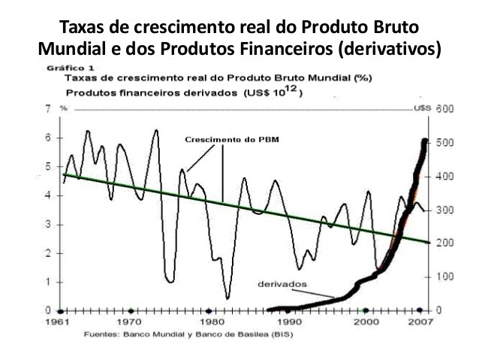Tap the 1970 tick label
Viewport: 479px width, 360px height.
click(x=131, y=322)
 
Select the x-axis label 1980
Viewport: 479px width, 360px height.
click(x=209, y=322)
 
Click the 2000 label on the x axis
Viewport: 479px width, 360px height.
click(x=366, y=322)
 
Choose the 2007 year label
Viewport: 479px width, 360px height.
click(x=419, y=322)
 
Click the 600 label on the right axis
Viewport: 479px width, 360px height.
click(x=444, y=109)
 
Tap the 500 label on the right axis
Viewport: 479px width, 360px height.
click(x=444, y=143)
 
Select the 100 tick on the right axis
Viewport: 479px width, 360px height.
click(x=444, y=277)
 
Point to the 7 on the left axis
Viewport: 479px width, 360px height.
click(x=48, y=109)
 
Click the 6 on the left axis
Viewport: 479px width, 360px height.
click(x=48, y=138)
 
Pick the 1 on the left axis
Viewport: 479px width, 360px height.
click(x=48, y=282)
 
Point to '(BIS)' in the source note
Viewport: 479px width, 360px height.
click(x=281, y=333)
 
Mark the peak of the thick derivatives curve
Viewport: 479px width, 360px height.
click(x=425, y=141)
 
